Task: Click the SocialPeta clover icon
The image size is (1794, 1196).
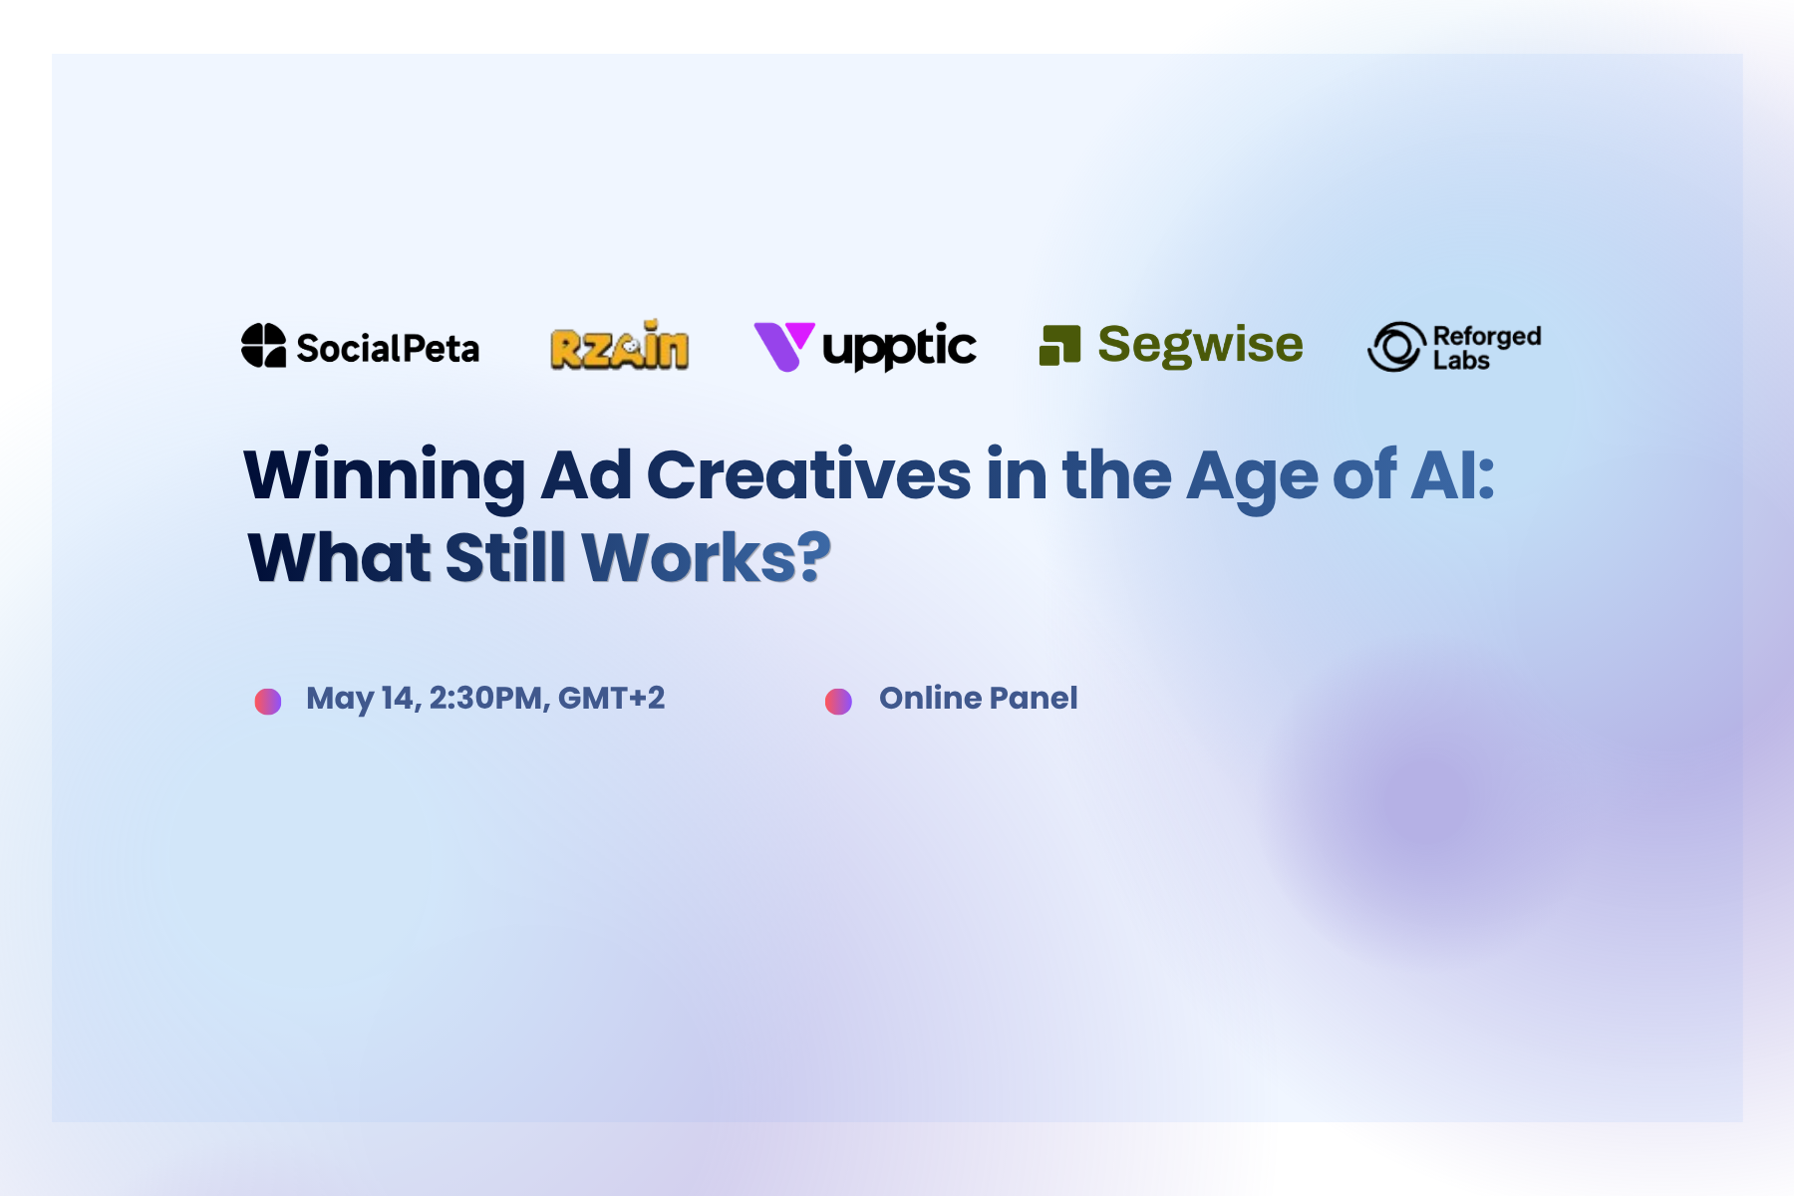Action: click(263, 345)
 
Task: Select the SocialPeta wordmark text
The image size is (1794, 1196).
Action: click(388, 349)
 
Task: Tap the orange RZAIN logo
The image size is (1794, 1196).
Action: click(619, 345)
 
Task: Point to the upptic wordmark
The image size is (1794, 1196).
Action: click(899, 348)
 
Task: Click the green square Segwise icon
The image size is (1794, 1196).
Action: click(1059, 346)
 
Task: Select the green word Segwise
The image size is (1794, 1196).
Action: click(1200, 345)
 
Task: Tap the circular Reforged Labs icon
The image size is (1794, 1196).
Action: click(1396, 347)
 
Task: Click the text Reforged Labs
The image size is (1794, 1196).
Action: click(1487, 348)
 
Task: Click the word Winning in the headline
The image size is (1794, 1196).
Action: click(385, 475)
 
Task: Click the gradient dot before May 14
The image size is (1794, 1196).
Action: click(268, 702)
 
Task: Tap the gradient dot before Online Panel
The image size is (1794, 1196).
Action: click(838, 702)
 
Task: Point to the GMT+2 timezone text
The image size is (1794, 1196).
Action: click(611, 698)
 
